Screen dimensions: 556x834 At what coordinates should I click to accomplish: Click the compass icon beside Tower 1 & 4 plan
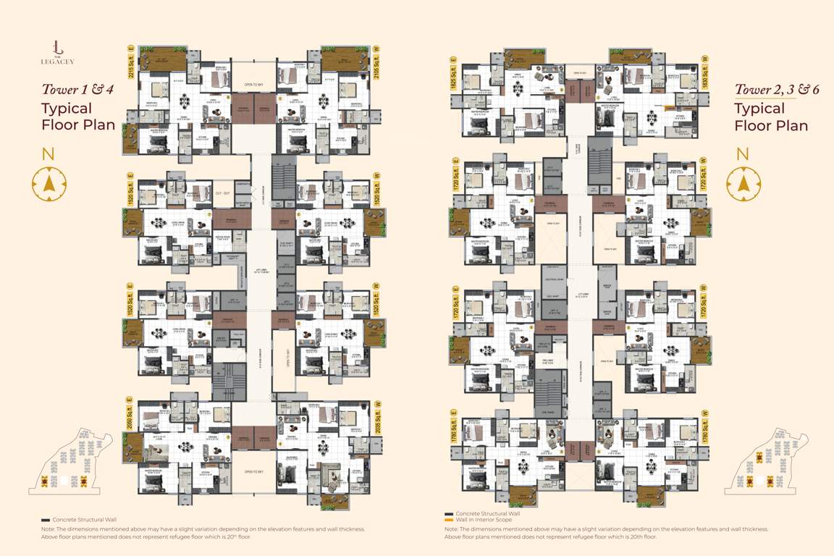pos(49,184)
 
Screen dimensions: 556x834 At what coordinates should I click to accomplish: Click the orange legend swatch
pos(449,520)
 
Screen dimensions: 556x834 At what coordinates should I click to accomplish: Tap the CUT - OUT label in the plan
pos(223,193)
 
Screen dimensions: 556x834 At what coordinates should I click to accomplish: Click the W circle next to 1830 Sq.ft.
pos(704,58)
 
